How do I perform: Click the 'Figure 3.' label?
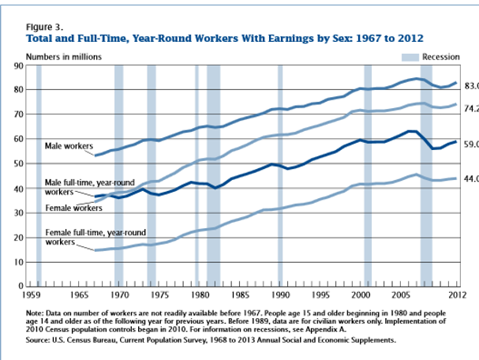pos(43,26)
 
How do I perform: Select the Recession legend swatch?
pos(410,57)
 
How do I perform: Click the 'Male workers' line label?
pos(68,147)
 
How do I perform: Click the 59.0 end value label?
pos(471,144)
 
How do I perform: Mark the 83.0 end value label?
pos(471,85)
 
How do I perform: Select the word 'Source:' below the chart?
pos(39,340)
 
